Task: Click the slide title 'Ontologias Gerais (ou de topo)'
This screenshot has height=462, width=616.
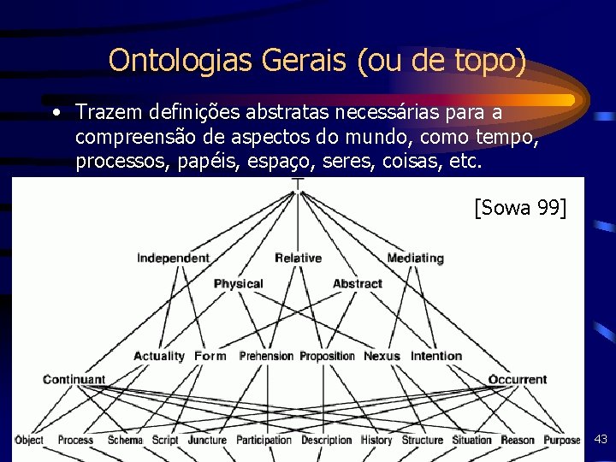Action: coord(317,60)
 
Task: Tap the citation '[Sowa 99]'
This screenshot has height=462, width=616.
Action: coord(519,207)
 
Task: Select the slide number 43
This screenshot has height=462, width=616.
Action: coord(601,440)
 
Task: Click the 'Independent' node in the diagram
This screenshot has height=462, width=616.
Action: coord(173,258)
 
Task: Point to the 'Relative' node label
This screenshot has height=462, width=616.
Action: coord(298,258)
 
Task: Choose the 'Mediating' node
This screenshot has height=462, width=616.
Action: coord(415,258)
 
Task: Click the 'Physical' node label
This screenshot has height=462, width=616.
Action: coord(238,284)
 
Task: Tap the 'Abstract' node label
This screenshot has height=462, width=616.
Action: coord(357,284)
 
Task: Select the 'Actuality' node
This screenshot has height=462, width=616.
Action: coord(159,356)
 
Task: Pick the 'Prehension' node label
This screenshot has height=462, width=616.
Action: coord(266,356)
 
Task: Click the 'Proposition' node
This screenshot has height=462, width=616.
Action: coord(327,356)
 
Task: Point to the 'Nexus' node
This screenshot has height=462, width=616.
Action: coord(382,356)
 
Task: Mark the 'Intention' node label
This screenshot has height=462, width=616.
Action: coord(436,356)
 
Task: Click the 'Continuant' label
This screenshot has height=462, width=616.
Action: coord(74,379)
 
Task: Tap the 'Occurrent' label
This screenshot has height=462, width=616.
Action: coord(518,379)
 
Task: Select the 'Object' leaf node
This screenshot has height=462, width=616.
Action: coord(28,441)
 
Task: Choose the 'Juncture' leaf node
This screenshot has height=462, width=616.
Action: coord(206,441)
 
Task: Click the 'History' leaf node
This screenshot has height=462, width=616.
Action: coord(376,441)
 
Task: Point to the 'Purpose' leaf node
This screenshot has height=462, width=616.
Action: coord(561,441)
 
